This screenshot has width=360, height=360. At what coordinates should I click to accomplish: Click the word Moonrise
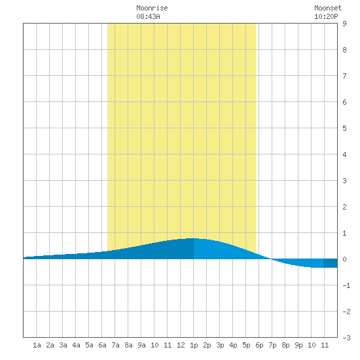point(152,8)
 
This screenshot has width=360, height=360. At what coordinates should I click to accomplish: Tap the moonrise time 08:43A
point(148,16)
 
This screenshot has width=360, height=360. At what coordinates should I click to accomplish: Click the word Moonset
point(328,8)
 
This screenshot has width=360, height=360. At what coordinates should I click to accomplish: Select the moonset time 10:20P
point(326,16)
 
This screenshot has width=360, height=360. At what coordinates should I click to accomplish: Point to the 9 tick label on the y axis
point(344,24)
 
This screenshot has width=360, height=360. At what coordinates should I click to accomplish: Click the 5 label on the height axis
point(344,128)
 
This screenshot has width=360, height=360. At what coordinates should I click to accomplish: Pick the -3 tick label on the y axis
point(346,338)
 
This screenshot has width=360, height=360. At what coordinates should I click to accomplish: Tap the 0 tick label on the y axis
point(344,259)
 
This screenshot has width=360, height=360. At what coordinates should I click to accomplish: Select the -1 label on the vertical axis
point(346,285)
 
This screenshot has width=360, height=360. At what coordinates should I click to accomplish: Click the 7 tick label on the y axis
point(344,76)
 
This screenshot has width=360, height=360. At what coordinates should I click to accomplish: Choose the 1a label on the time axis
point(37,345)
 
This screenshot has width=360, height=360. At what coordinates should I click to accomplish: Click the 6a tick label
point(102,345)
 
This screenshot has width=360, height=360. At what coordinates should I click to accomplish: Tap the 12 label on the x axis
point(181,345)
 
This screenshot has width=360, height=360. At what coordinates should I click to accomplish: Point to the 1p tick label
point(194,345)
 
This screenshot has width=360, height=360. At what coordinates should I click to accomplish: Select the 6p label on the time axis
point(259,345)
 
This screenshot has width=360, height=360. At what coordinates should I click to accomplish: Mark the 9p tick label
point(298,345)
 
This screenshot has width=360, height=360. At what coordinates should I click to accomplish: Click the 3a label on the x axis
point(63,345)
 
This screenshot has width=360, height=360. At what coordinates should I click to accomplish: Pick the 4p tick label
point(233,345)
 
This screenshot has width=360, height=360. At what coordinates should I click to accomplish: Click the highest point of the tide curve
point(192,238)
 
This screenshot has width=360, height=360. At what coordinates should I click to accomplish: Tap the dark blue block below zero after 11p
point(330,263)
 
